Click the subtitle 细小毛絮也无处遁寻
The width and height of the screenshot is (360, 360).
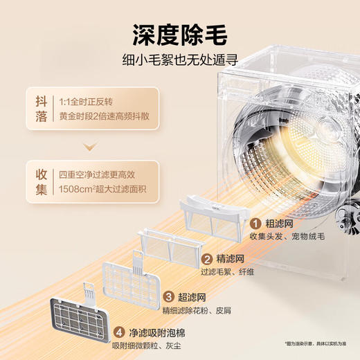[179, 62]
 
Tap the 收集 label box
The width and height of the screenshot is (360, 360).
[42, 180]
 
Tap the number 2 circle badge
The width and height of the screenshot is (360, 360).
[207, 260]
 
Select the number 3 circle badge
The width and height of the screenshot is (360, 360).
[168, 296]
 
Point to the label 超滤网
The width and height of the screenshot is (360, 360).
[193, 296]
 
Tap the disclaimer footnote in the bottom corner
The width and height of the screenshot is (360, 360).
[318, 343]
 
